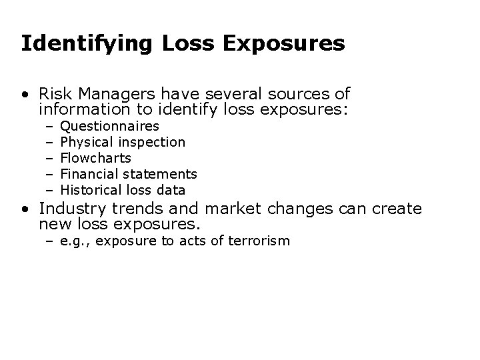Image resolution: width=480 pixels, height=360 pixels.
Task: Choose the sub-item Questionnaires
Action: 109,126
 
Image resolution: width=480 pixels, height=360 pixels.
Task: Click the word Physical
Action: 87,142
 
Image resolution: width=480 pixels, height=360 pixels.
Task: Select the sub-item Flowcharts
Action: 95,158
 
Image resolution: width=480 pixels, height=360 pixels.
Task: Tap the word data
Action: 169,190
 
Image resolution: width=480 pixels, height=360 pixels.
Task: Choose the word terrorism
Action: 259,241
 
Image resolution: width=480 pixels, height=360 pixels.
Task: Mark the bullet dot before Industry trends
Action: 24,209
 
